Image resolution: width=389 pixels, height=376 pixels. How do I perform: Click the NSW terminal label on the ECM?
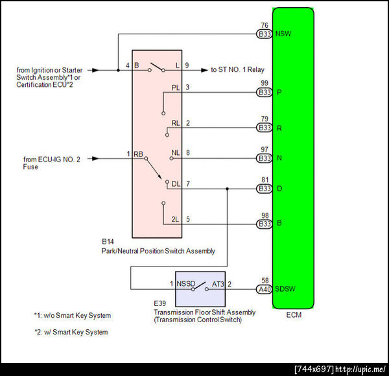[283, 34]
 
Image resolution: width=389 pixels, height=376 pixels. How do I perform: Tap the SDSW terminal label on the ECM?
[285, 289]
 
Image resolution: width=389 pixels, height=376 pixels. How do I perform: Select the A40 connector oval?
[265, 289]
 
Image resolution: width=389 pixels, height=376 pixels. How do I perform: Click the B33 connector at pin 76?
[265, 34]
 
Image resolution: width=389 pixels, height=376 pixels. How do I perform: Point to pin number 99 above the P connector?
[265, 84]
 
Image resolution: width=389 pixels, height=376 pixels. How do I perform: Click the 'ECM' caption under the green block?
[293, 315]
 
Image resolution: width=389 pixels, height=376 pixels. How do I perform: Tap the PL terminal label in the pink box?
[175, 87]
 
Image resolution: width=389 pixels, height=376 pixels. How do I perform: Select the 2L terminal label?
[175, 220]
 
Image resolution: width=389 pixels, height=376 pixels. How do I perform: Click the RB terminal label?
[138, 153]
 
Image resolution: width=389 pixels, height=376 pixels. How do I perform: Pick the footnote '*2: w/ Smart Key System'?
[71, 332]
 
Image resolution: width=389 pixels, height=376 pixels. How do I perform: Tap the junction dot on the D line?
[227, 189]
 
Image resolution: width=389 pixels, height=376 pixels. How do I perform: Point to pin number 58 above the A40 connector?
[265, 279]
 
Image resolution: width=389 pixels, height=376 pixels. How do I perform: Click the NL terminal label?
[175, 153]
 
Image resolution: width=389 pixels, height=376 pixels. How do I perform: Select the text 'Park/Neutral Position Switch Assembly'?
[158, 250]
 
